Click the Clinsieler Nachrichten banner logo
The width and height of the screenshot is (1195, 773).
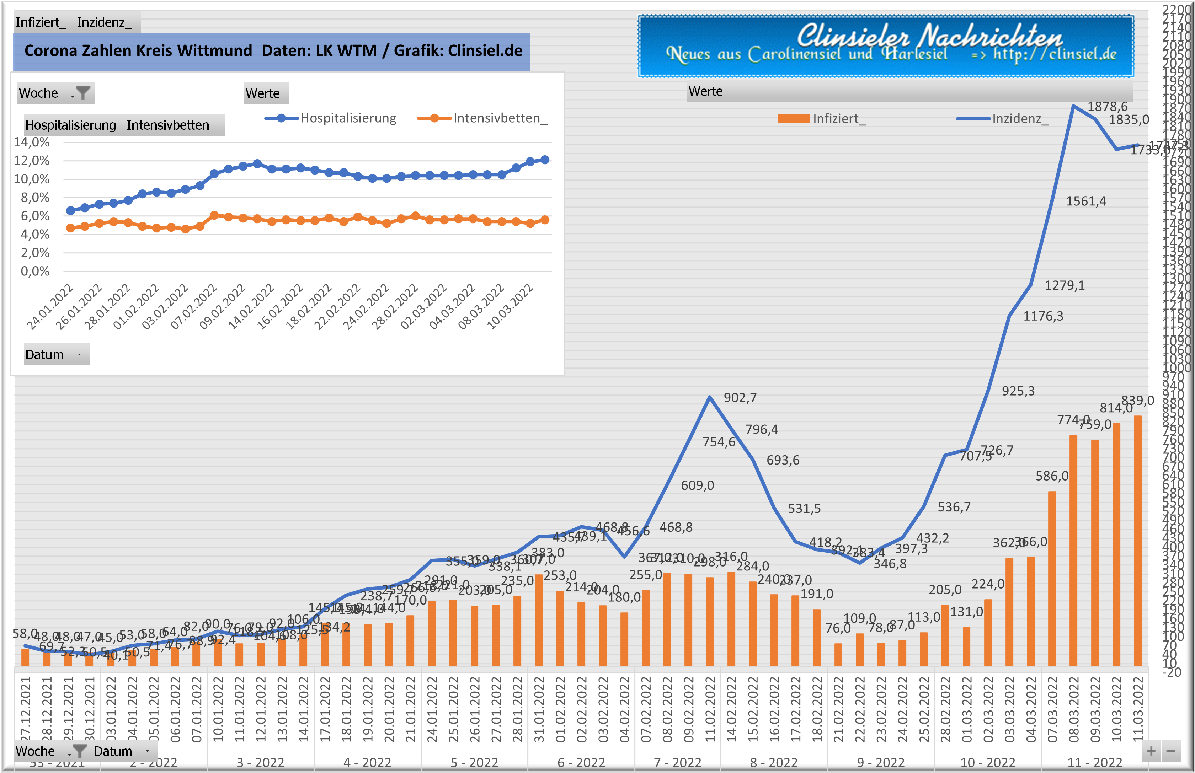click(x=885, y=47)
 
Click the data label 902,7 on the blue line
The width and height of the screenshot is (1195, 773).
click(x=740, y=398)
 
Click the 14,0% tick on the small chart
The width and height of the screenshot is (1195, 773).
click(x=32, y=142)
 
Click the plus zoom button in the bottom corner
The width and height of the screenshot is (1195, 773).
click(x=1151, y=751)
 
